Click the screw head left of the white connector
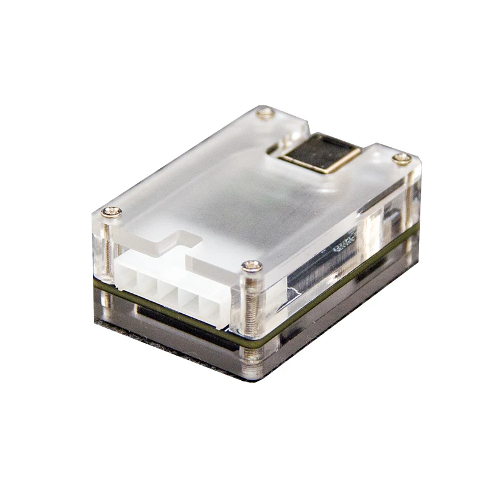pos(110,211)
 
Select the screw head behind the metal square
pos(264,113)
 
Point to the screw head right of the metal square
pos(403,158)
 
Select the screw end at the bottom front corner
pos(254,360)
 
